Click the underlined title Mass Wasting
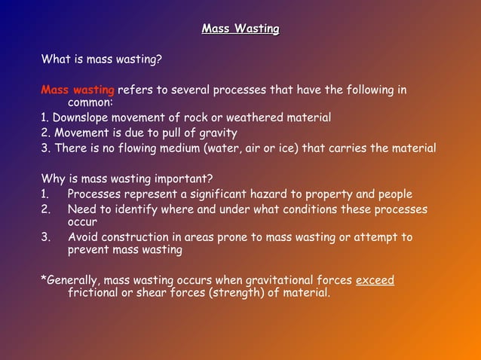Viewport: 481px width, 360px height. click(240, 29)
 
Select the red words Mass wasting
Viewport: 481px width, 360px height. click(78, 90)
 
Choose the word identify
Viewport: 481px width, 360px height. click(130, 209)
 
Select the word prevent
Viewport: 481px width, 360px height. click(90, 249)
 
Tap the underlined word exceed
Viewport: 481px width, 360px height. click(375, 280)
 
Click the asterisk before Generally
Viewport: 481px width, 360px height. click(43, 279)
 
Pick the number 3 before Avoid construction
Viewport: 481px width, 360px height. click(45, 237)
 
